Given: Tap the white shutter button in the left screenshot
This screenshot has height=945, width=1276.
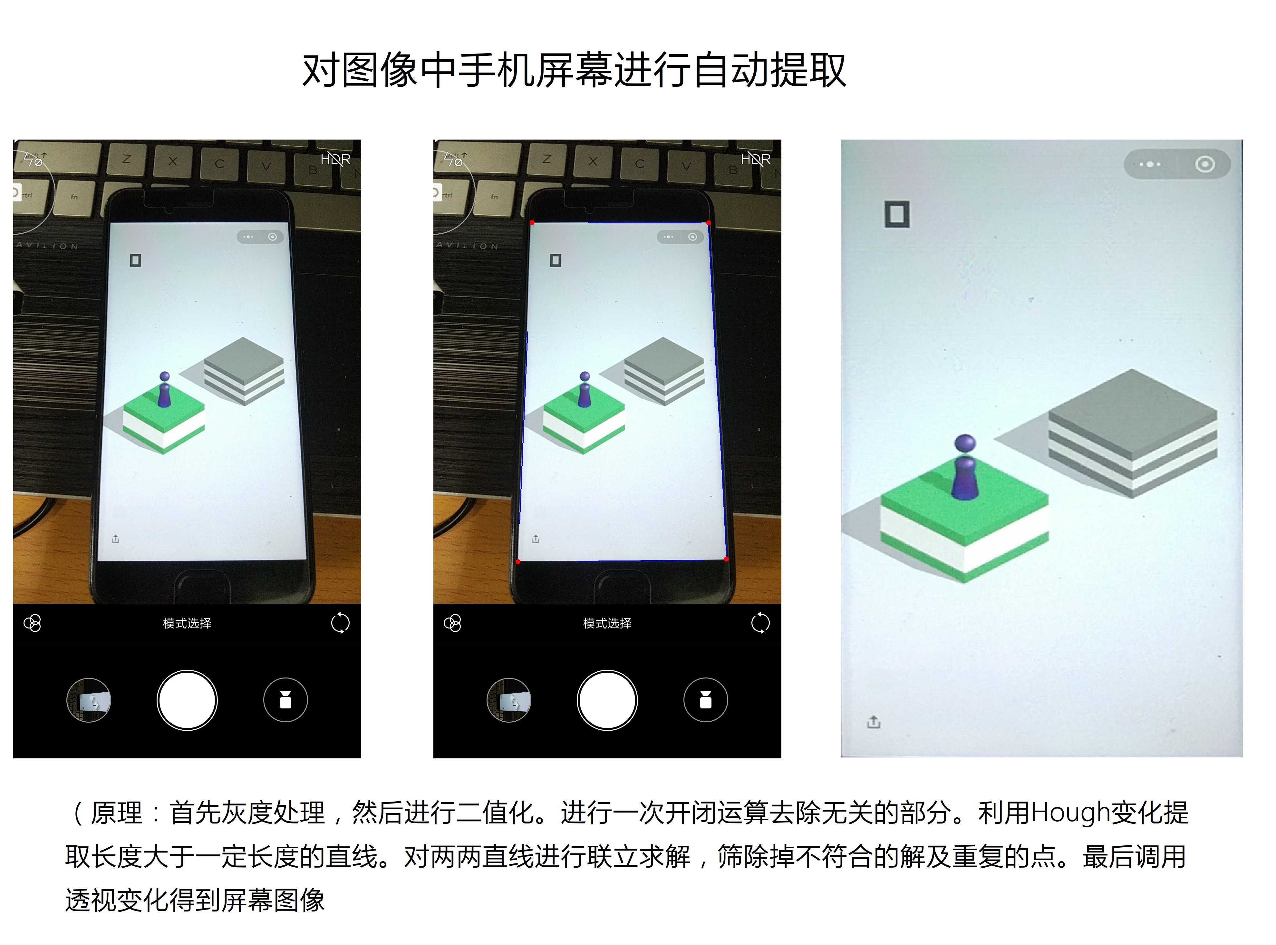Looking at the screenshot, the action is coord(187,700).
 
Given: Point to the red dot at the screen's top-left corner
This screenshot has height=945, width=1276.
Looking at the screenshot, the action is coord(532,222).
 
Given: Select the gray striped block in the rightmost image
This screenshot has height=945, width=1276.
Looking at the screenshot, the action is coord(1132,433).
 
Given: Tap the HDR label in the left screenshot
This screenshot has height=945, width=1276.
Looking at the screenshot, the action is coord(335,159).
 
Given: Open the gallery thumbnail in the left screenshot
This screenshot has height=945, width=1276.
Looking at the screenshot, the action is coord(89,700).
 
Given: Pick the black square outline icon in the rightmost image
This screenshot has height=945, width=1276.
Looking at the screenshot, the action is coord(896,214).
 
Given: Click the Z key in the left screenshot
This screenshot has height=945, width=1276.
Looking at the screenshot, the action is coord(126,159).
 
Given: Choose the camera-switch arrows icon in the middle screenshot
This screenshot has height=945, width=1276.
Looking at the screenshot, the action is coord(760,623).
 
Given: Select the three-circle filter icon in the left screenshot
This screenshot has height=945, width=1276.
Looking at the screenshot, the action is coord(32,623).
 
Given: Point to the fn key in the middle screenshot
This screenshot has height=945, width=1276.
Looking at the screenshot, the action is coord(494,197).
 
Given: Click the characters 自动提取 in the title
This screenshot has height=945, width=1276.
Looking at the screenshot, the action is coord(769,70).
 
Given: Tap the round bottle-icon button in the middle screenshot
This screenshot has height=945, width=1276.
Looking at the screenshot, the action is coord(705,700).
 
